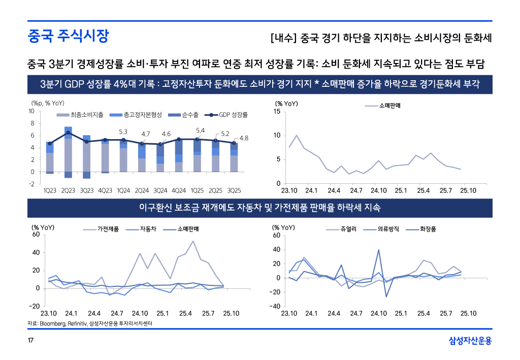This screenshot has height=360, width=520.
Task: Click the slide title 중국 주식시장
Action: pyautogui.click(x=68, y=36)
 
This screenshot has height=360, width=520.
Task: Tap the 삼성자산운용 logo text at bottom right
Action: pyautogui.click(x=470, y=340)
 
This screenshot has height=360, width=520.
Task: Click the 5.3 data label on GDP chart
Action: pyautogui.click(x=123, y=132)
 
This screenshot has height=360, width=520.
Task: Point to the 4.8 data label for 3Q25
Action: pyautogui.click(x=244, y=138)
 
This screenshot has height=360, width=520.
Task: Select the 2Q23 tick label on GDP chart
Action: pyautogui.click(x=68, y=191)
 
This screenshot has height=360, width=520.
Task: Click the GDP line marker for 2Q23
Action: pyautogui.click(x=68, y=133)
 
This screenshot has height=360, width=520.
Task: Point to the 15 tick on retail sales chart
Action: pyautogui.click(x=277, y=111)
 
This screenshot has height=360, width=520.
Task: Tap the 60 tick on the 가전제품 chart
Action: pyautogui.click(x=36, y=235)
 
